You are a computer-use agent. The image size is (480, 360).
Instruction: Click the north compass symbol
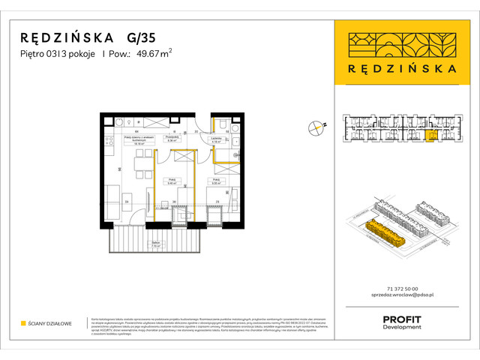pyautogui.click(x=317, y=129)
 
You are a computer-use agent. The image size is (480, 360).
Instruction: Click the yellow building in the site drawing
pyautogui.click(x=385, y=233)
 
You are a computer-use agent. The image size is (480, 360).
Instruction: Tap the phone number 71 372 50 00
pyautogui.click(x=401, y=289)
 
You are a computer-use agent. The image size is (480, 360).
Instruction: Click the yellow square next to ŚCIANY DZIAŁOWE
pyautogui.click(x=23, y=323)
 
